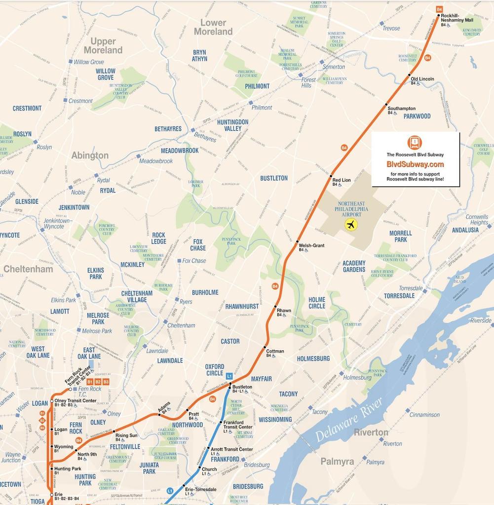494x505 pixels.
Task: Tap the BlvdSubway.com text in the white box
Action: point(415,164)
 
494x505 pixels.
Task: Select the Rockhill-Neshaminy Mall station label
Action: point(456,18)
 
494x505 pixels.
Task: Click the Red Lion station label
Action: point(342,180)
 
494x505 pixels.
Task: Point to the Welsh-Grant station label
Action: point(311,245)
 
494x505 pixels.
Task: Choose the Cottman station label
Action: point(275,351)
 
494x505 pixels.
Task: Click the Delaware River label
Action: point(348,420)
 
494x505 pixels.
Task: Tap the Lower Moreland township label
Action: point(213,27)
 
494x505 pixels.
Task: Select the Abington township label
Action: point(90,155)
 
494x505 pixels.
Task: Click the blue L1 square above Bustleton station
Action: point(229,376)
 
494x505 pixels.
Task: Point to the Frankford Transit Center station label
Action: point(238,425)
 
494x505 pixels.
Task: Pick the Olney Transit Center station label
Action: point(75,400)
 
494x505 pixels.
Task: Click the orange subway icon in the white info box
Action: point(415,143)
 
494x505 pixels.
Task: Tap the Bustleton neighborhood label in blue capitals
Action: point(274,178)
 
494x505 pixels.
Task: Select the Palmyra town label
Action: point(337,462)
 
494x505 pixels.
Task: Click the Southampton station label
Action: point(401,108)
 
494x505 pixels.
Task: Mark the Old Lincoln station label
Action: point(422,79)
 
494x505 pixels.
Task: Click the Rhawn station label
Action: point(284,310)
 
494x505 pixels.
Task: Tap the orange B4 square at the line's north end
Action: point(439,9)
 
